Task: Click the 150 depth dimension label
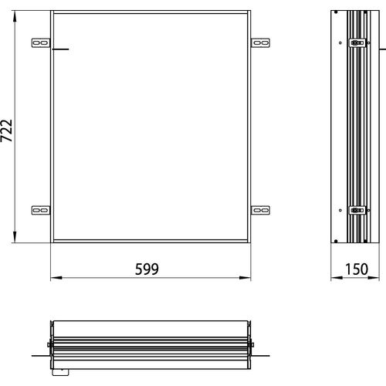(356, 269)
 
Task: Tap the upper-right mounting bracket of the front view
(261, 42)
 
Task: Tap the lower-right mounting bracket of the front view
(261, 208)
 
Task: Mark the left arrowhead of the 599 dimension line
(53, 278)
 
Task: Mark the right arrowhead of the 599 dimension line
(248, 278)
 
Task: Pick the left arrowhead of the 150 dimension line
(334, 278)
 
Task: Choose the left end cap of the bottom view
(49, 344)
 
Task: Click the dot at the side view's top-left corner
(337, 13)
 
